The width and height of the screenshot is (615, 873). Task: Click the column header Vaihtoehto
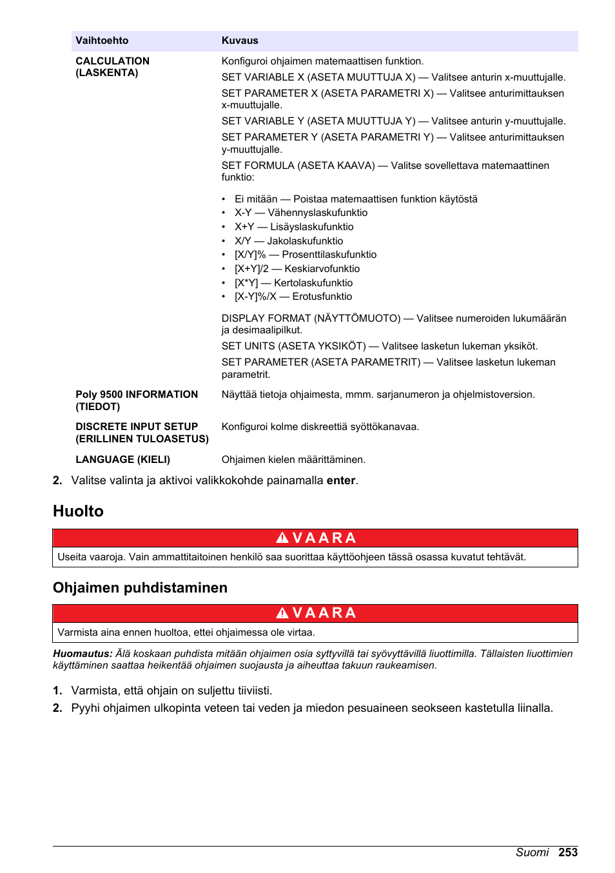tap(102, 41)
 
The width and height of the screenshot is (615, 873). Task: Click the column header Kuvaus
tap(240, 41)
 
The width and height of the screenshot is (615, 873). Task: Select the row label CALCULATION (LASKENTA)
tap(112, 66)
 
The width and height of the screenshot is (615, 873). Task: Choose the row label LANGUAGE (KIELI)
tap(122, 460)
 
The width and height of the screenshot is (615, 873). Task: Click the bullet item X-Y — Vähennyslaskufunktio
tap(300, 213)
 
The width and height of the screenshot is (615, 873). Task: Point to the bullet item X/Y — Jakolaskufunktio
tap(288, 241)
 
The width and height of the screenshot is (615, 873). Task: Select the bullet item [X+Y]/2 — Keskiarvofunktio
tap(297, 269)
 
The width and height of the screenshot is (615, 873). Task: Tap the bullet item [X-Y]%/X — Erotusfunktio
tap(293, 297)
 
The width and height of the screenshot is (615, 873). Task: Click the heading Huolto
tap(78, 511)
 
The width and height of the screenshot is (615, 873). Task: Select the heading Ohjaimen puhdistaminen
tap(140, 587)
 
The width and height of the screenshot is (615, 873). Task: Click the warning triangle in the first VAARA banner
tap(282, 538)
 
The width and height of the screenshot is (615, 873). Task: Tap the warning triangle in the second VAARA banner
tap(282, 613)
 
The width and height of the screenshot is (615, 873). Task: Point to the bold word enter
tap(340, 480)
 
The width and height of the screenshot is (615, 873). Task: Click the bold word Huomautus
tap(83, 654)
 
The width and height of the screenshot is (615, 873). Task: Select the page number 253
tap(568, 852)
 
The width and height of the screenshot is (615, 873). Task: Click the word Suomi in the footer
tap(532, 852)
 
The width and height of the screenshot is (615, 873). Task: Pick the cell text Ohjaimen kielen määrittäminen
tap(293, 460)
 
